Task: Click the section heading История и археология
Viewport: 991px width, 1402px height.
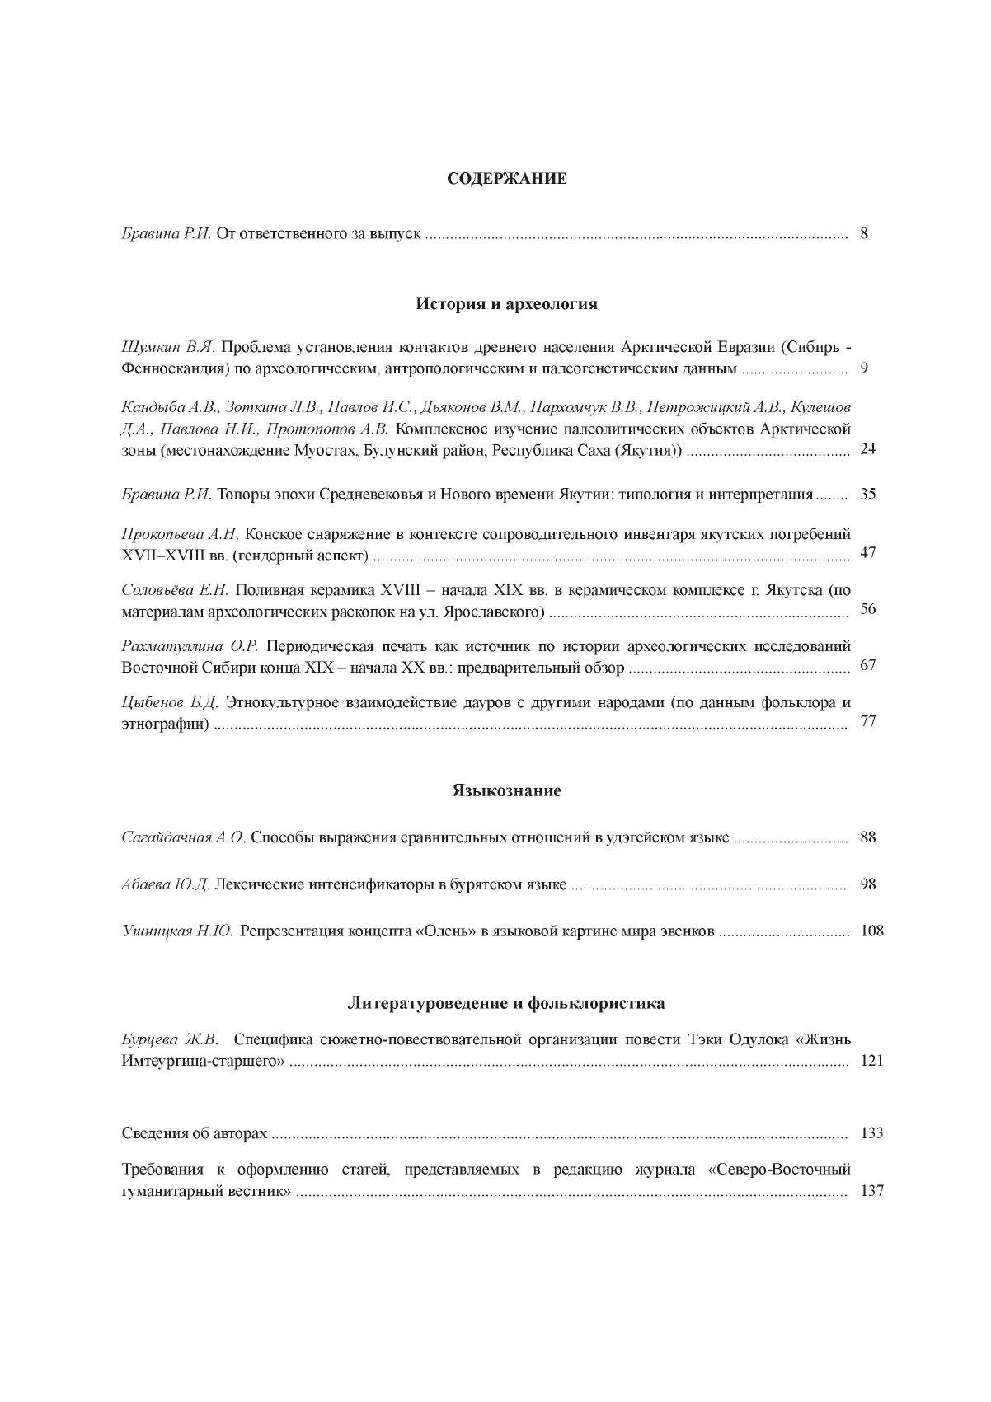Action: tap(506, 304)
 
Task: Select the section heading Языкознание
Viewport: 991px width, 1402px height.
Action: tap(507, 791)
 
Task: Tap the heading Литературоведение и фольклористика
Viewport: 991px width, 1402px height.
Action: tap(506, 1004)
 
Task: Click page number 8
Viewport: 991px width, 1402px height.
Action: tap(864, 234)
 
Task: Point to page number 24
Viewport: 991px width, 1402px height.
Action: tap(867, 449)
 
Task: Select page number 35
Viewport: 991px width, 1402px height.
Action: tap(867, 495)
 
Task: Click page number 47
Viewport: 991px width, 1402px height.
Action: tap(867, 552)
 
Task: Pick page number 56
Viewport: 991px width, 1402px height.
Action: tap(867, 609)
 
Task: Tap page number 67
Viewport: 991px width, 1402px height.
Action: tap(867, 665)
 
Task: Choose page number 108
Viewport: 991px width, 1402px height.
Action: tap(871, 931)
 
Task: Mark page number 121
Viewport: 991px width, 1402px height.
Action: tap(871, 1061)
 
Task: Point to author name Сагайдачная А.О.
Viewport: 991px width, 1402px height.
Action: tap(184, 838)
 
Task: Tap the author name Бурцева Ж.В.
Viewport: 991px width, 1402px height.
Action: tap(170, 1039)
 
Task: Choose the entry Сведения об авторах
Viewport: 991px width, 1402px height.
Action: tap(195, 1133)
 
